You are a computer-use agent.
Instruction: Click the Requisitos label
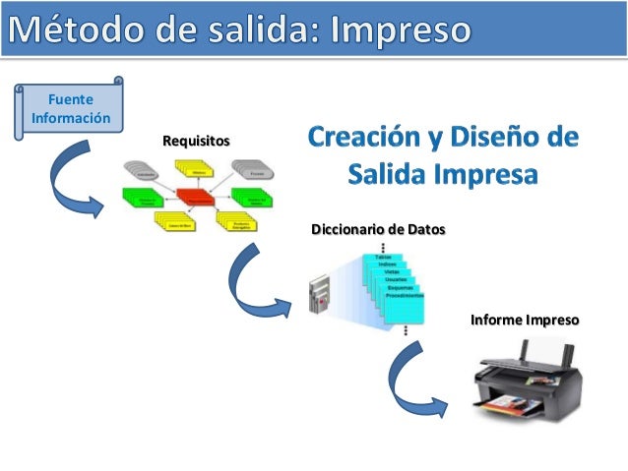[x=196, y=143]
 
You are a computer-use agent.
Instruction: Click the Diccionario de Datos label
[x=378, y=230]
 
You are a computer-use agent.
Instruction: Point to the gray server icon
[x=318, y=294]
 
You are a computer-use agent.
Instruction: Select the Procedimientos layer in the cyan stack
[x=405, y=295]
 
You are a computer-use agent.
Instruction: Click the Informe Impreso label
[x=525, y=321]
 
